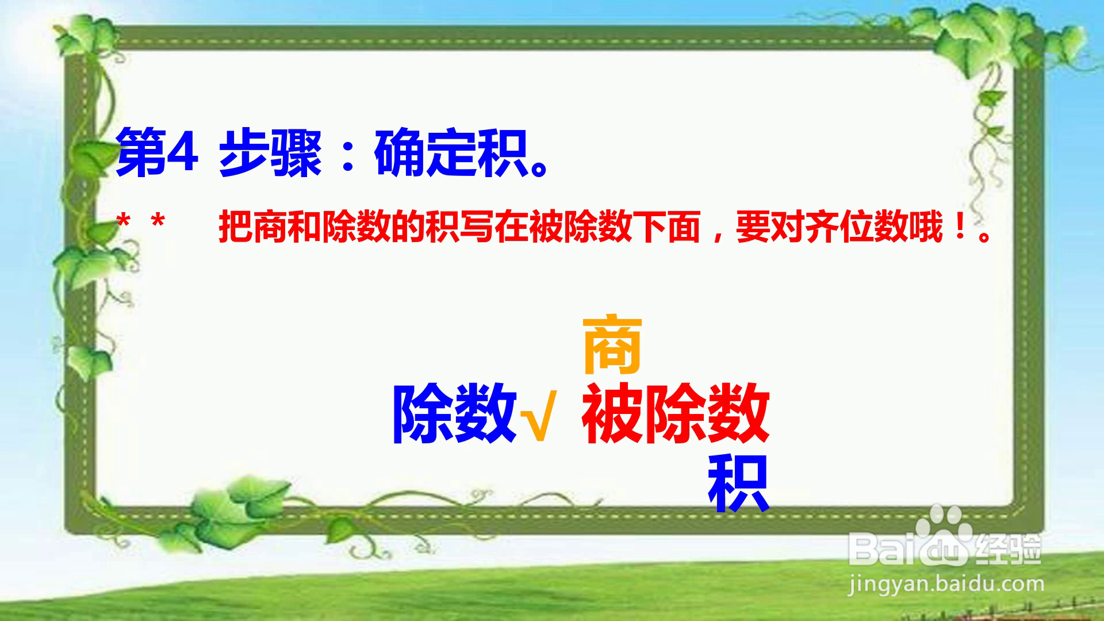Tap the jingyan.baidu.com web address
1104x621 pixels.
946,585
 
